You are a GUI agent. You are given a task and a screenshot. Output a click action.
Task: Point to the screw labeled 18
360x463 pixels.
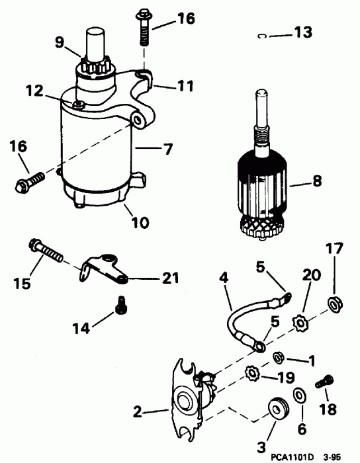pyautogui.click(x=324, y=383)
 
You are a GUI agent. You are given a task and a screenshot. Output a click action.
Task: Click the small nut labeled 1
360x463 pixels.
pyautogui.click(x=279, y=358)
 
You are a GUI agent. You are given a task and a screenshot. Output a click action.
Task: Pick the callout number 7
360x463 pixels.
pyautogui.click(x=168, y=150)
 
